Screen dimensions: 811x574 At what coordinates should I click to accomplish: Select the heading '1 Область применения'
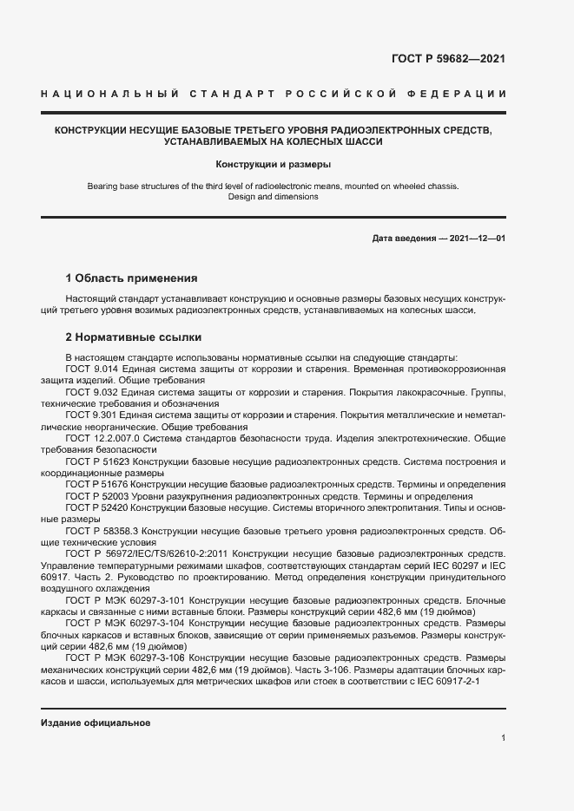click(132, 278)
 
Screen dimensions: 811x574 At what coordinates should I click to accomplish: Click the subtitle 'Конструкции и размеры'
click(274, 163)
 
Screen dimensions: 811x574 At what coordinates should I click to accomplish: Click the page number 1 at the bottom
click(503, 737)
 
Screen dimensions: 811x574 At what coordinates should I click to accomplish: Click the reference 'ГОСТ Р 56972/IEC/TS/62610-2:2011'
click(145, 553)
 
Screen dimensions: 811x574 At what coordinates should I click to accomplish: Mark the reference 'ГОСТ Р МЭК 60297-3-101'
click(125, 599)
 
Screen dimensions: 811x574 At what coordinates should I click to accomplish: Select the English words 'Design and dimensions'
click(273, 197)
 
